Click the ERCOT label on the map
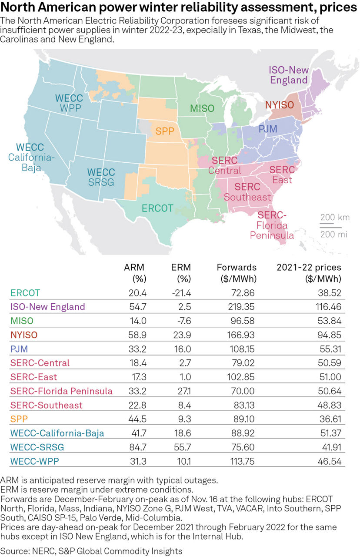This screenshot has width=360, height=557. click(x=157, y=208)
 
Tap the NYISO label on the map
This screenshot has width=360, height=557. click(x=280, y=105)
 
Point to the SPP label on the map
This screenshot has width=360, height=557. click(x=165, y=132)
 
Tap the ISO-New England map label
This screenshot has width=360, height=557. click(x=288, y=75)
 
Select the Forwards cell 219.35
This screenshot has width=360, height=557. click(x=242, y=306)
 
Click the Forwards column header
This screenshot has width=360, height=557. click(x=237, y=267)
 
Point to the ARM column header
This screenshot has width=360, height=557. click(x=134, y=267)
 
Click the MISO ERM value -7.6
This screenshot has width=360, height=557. click(x=182, y=321)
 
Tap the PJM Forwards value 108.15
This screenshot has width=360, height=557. click(x=242, y=349)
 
